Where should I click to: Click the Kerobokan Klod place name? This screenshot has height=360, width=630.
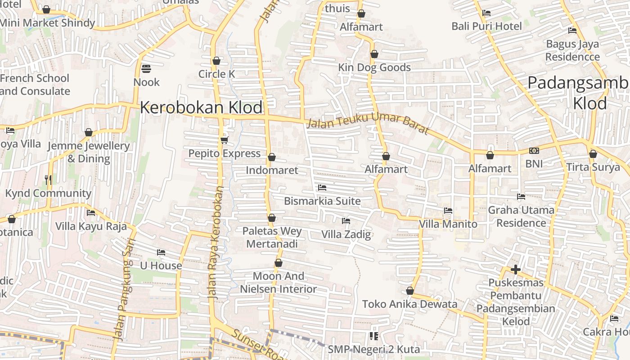pos(201,108)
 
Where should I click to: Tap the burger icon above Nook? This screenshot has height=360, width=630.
pos(146,69)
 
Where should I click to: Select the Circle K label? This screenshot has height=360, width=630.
pos(217,74)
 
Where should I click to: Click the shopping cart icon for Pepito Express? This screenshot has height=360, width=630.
pos(225,140)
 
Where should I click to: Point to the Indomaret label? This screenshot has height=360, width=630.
pos(272,170)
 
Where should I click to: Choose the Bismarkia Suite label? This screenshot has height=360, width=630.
pos(322,201)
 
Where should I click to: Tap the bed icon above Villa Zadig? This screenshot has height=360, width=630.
pos(346,221)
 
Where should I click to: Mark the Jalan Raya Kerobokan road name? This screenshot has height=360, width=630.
pos(215,243)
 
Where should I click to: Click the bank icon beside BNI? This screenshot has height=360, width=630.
pos(534,151)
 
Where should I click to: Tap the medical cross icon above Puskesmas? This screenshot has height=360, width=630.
pos(516,270)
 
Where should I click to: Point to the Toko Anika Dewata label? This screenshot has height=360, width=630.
pos(409,304)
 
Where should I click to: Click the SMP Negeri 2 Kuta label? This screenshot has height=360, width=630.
pos(373,349)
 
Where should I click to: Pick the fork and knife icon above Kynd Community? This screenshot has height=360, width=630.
pos(49,180)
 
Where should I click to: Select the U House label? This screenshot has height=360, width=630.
pos(161,265)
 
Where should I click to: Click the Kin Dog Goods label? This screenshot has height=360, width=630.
pos(374,67)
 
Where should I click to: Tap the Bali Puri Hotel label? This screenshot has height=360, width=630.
pos(486,26)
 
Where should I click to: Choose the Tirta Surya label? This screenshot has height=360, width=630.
pos(593,167)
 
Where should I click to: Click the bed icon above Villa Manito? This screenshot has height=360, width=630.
pos(448,211)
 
